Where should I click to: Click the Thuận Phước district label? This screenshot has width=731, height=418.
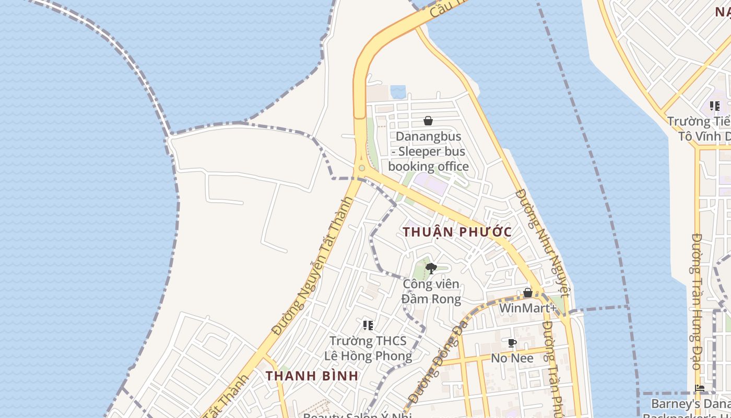pyautogui.click(x=457, y=231)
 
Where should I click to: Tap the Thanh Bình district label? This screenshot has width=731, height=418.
pyautogui.click(x=312, y=376)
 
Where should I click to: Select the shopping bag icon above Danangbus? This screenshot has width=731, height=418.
pyautogui.click(x=428, y=121)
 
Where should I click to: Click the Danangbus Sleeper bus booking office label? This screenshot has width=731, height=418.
pyautogui.click(x=428, y=152)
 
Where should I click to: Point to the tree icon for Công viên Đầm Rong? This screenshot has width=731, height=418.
pyautogui.click(x=431, y=269)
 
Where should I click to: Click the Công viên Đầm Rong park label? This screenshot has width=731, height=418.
pyautogui.click(x=432, y=292)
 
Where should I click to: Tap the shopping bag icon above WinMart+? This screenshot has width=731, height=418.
pyautogui.click(x=528, y=293)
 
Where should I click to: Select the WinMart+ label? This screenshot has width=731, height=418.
pyautogui.click(x=528, y=308)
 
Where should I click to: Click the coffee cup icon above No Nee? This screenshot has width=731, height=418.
pyautogui.click(x=512, y=343)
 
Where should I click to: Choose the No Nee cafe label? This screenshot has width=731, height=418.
pyautogui.click(x=512, y=358)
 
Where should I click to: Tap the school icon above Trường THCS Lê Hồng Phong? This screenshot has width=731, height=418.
pyautogui.click(x=368, y=326)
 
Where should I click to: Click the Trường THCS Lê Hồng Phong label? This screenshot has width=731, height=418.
pyautogui.click(x=368, y=349)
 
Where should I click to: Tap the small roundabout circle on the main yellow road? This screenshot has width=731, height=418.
pyautogui.click(x=361, y=168)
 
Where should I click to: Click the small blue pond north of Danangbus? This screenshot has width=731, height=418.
pyautogui.click(x=398, y=92)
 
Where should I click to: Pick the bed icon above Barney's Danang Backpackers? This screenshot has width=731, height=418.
pyautogui.click(x=700, y=388)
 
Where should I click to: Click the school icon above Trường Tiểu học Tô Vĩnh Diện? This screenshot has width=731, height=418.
pyautogui.click(x=715, y=106)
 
